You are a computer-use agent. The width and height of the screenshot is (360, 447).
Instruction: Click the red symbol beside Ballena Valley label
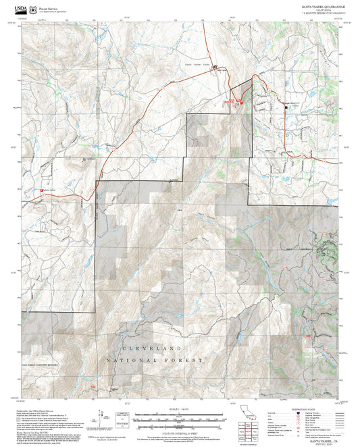(x=44, y=191)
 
